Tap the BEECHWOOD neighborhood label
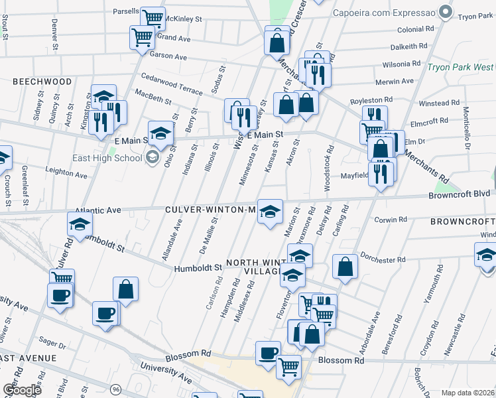[41, 82]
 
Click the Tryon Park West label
[460, 67]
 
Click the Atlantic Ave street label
[98, 210]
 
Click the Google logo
[21, 389]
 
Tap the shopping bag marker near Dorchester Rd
[345, 267]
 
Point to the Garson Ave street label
[168, 57]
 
